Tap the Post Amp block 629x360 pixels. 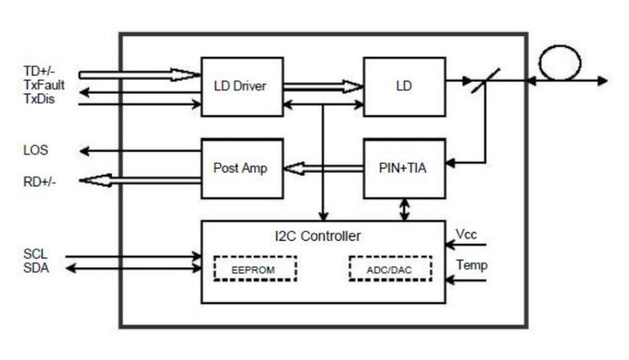240,169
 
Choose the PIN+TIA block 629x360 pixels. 404,169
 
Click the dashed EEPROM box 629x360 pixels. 254,270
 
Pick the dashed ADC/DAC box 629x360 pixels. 391,270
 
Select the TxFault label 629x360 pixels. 43,84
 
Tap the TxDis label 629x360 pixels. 39,98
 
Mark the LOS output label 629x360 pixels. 36,150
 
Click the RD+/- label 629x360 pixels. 40,182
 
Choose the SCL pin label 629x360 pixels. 36,255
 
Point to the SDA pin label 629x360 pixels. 36,268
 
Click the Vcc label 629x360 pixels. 467,234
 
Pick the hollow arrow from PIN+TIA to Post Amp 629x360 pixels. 324,169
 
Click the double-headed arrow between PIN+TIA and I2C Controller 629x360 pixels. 405,210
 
